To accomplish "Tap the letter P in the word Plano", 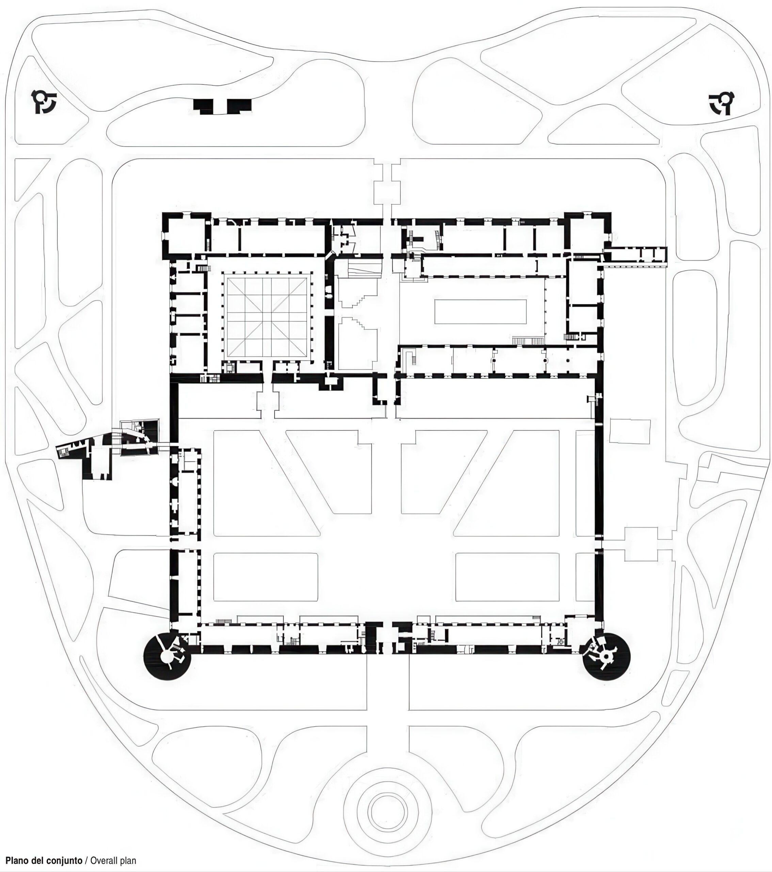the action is pyautogui.click(x=8, y=860).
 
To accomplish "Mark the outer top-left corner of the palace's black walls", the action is pyautogui.click(x=162, y=212).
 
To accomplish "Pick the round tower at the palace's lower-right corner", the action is pyautogui.click(x=606, y=657).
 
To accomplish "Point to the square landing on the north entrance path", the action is pyautogui.click(x=387, y=193).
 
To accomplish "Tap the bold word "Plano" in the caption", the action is pyautogui.click(x=17, y=860).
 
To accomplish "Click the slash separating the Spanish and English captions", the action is pyautogui.click(x=86, y=860).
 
